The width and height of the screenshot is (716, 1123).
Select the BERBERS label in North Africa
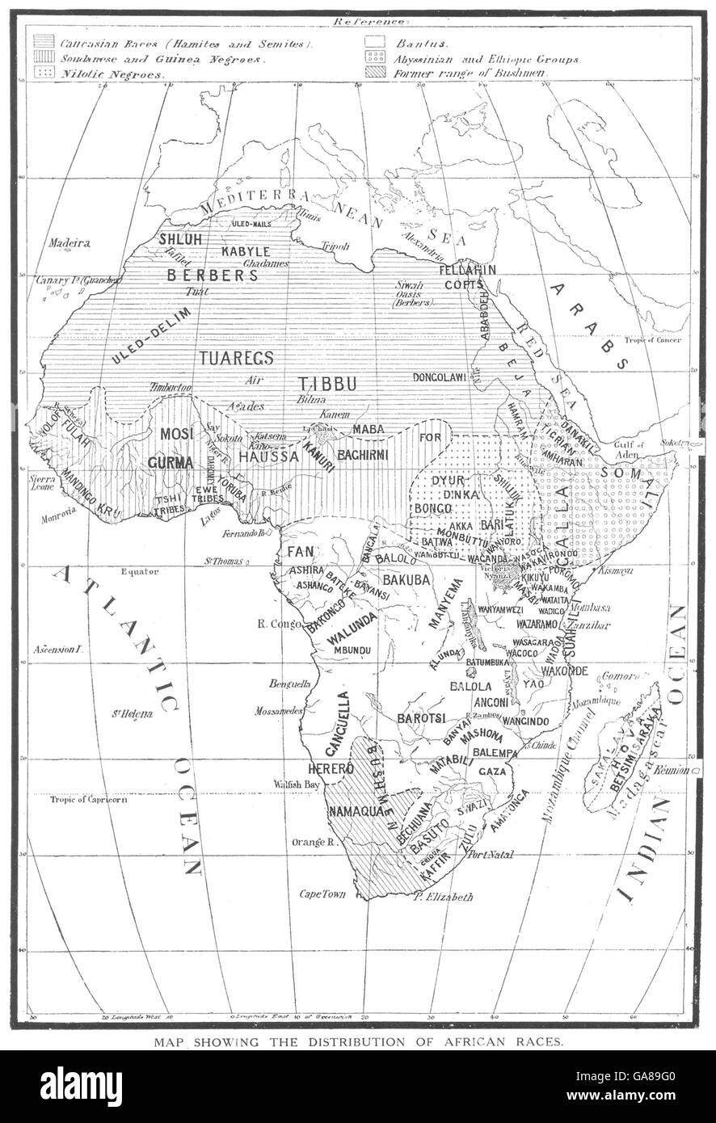[212, 275]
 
